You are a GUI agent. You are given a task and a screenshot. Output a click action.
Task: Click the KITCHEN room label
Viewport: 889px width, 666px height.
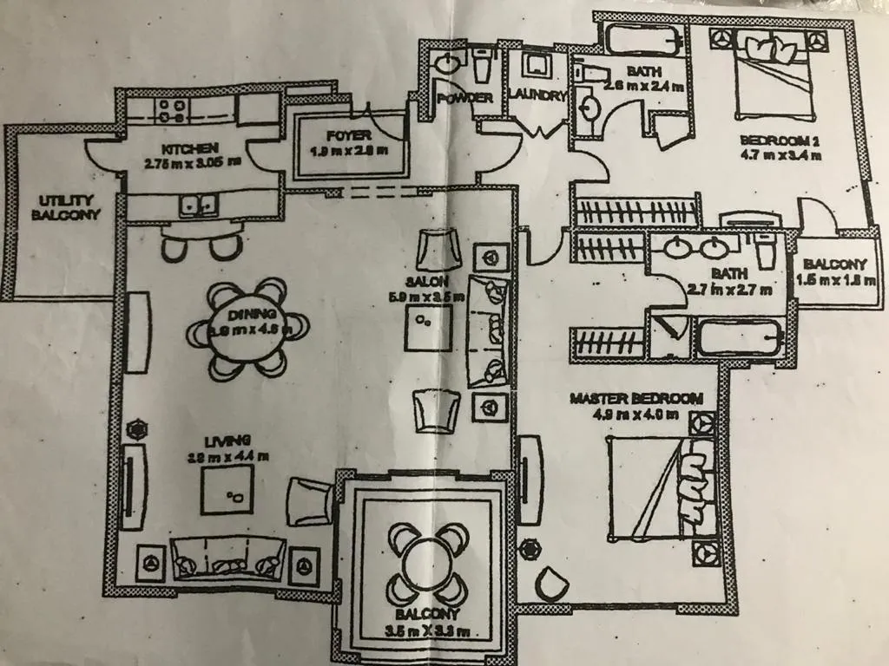(181, 147)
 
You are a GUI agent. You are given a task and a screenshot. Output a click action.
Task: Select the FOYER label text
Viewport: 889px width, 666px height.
(349, 136)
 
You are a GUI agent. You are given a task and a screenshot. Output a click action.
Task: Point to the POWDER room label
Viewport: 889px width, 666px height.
(464, 98)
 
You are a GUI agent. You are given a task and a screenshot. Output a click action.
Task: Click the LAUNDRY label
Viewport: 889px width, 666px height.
(537, 95)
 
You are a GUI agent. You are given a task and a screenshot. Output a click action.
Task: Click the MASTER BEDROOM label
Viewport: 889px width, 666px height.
(635, 398)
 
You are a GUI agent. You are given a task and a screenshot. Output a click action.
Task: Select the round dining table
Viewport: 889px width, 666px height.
(249, 327)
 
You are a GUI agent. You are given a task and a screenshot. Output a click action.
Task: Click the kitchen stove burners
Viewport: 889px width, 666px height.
(170, 110)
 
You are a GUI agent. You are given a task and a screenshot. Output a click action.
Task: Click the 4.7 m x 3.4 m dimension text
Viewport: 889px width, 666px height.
(780, 157)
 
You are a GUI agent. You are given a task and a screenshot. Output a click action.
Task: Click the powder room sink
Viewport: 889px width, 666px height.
(448, 63)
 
